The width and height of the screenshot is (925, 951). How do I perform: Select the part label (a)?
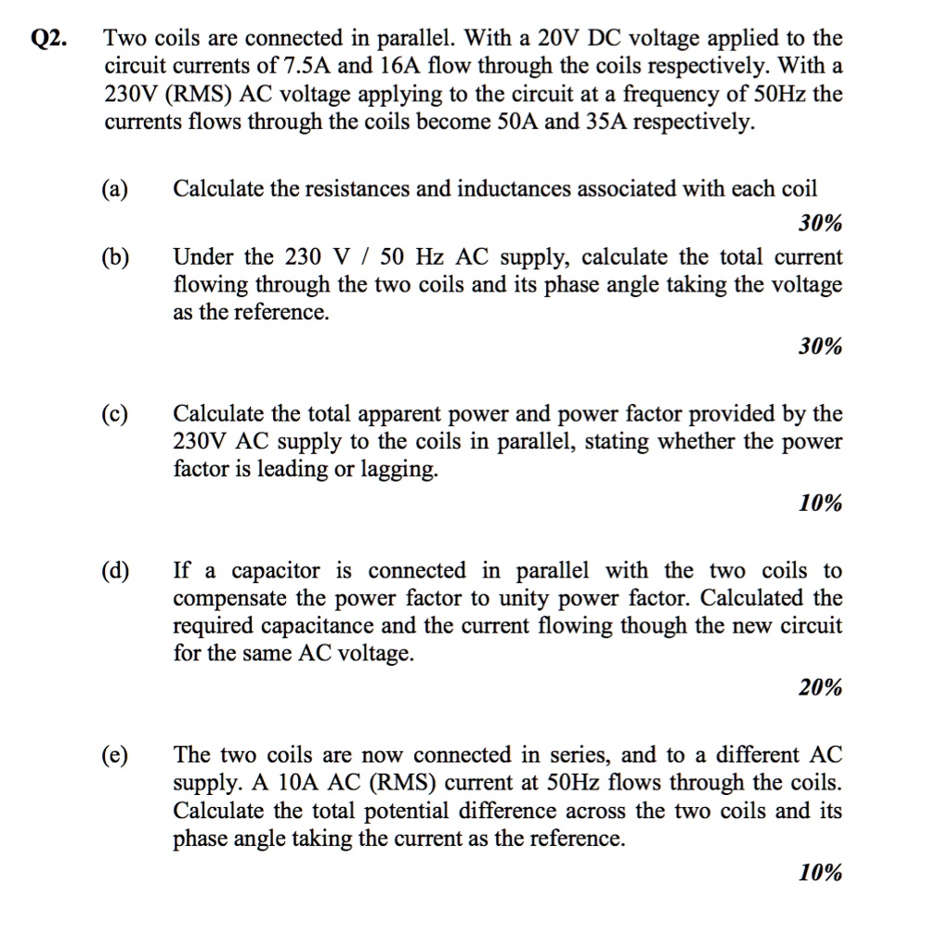(115, 189)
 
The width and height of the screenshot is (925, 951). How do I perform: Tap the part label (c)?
(115, 414)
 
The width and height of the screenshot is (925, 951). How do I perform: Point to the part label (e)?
(115, 756)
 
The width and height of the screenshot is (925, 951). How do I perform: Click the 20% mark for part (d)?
(820, 688)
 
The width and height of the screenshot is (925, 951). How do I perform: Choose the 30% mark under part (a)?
(820, 224)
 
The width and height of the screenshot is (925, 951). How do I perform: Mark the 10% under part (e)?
(820, 872)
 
